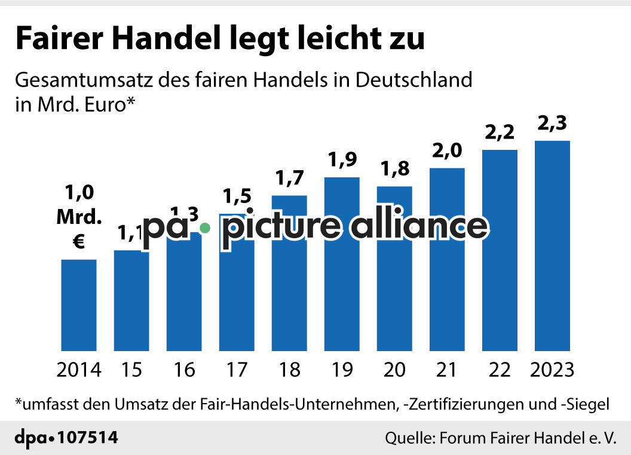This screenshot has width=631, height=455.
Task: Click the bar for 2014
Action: click(x=79, y=305)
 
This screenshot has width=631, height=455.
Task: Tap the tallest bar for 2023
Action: click(x=552, y=245)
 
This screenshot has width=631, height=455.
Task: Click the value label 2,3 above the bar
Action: click(x=552, y=125)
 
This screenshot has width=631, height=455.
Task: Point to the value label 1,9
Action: click(x=342, y=161)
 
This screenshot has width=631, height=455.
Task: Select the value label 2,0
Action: click(x=447, y=152)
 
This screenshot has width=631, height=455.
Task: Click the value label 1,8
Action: click(x=394, y=171)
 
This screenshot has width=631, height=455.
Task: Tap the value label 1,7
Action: click(x=289, y=179)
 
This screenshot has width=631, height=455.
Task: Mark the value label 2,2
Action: click(x=500, y=134)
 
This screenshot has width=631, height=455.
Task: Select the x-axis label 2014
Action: click(x=79, y=370)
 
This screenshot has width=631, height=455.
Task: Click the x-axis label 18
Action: click(x=289, y=370)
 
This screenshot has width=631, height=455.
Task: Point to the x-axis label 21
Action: click(x=447, y=370)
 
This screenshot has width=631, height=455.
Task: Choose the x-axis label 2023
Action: click(x=552, y=370)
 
